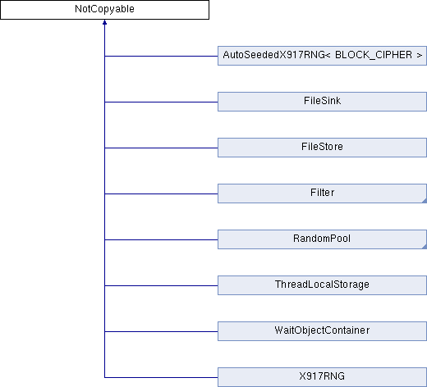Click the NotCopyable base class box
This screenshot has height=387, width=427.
(x=104, y=10)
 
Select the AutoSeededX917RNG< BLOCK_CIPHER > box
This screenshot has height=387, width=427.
(x=322, y=56)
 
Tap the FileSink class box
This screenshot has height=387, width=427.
(x=322, y=102)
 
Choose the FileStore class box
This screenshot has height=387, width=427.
(x=322, y=148)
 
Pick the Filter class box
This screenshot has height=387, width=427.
(x=322, y=193)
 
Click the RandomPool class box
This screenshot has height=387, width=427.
(x=322, y=239)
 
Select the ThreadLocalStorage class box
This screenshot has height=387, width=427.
(x=322, y=285)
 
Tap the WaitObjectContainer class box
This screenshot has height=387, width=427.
(x=322, y=331)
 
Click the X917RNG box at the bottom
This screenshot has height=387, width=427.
(x=322, y=377)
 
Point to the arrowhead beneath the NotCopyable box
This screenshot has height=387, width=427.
(x=104, y=22)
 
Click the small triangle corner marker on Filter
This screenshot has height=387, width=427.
(x=425, y=201)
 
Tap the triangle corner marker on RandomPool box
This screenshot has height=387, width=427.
(x=425, y=247)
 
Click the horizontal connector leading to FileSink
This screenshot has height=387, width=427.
(x=161, y=102)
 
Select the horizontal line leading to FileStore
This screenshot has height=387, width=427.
(x=161, y=148)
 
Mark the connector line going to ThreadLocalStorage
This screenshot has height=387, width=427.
(x=161, y=285)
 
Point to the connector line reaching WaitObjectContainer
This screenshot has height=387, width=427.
(x=161, y=331)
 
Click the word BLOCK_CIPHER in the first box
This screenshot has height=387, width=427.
(x=374, y=55)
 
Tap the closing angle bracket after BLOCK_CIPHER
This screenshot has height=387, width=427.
(x=420, y=56)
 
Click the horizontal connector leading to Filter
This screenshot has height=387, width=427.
(x=161, y=193)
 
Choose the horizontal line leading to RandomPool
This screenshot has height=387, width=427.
(x=161, y=239)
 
